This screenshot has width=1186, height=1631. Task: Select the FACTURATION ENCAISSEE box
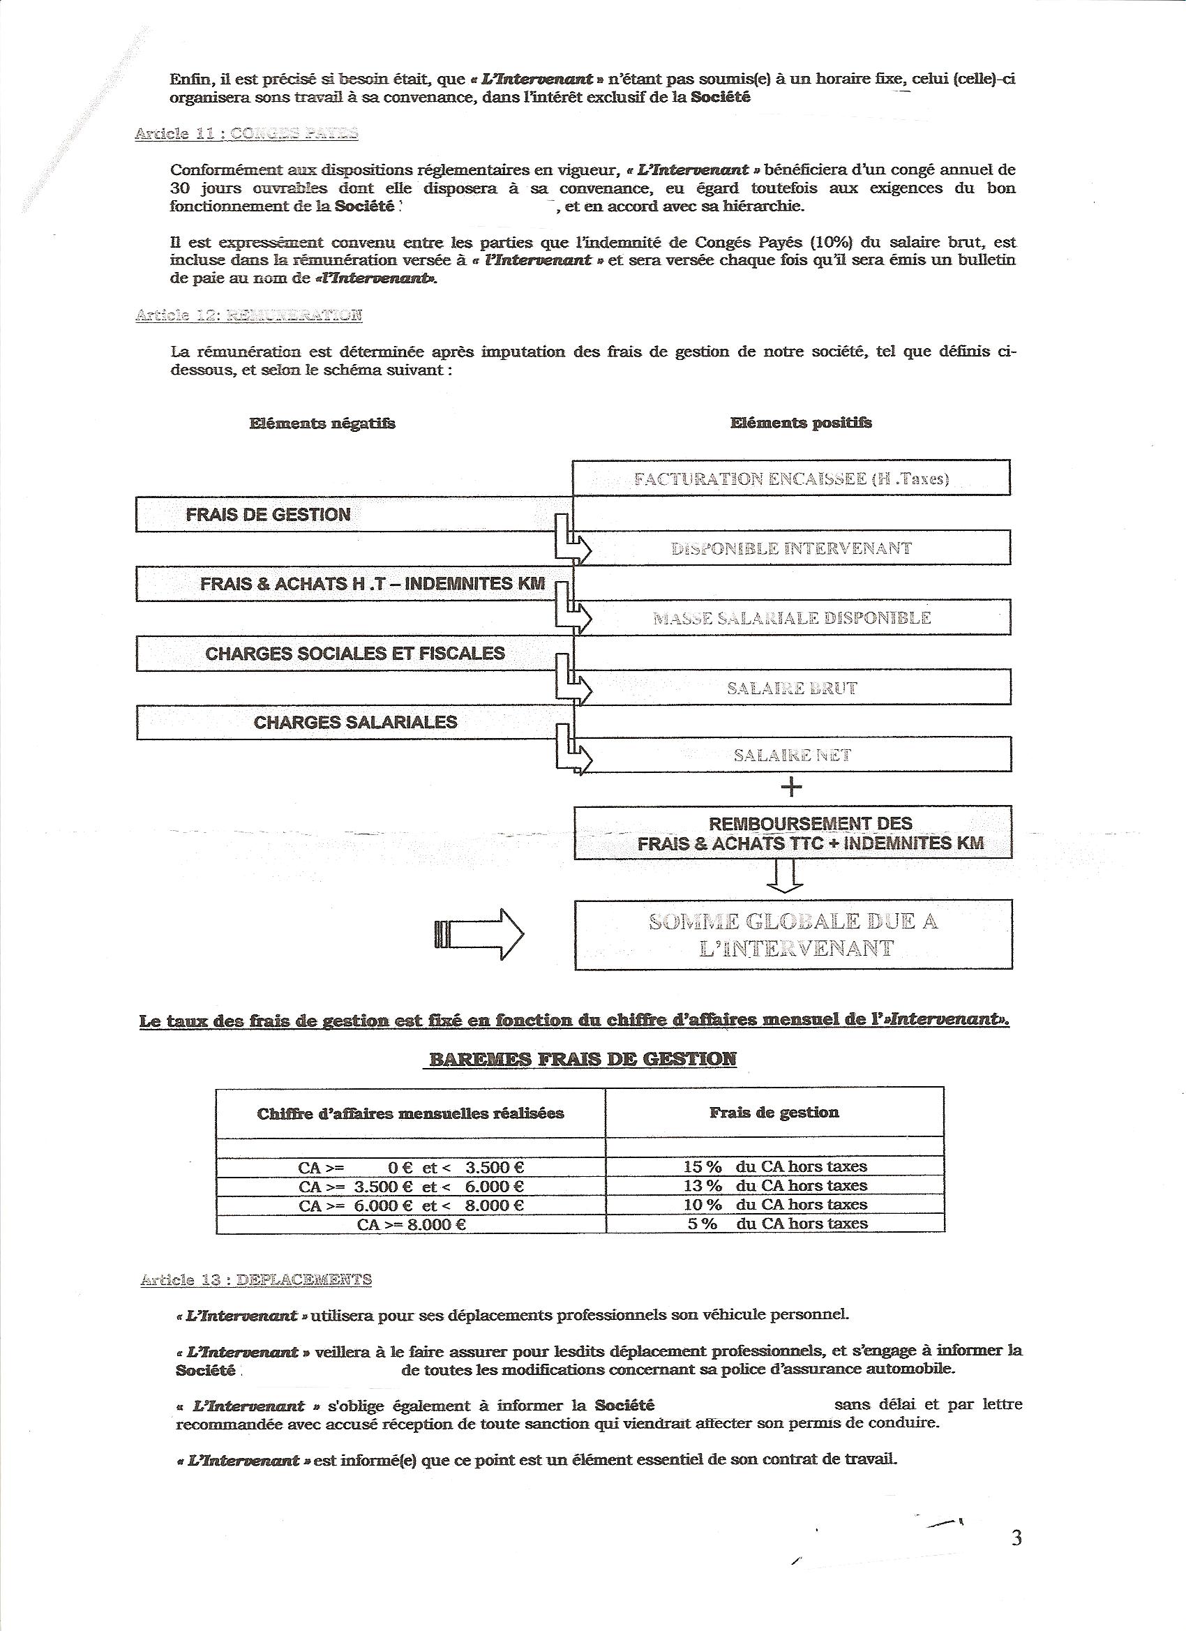click(791, 479)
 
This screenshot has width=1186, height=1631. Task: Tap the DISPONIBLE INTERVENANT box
click(791, 548)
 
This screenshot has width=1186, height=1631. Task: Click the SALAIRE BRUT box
click(791, 688)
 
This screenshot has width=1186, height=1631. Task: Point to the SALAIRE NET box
click(791, 755)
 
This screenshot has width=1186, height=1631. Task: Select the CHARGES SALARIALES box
click(354, 722)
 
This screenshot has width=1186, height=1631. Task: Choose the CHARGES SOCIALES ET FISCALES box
click(354, 653)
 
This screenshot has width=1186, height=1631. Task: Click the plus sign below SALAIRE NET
click(791, 788)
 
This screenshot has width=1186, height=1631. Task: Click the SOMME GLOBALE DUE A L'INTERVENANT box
click(793, 934)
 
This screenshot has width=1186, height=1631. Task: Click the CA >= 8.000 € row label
click(411, 1224)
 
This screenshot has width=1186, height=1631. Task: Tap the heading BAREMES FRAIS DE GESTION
click(583, 1058)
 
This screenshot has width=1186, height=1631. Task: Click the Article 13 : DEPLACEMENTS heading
click(256, 1279)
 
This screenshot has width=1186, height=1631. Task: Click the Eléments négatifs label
click(322, 423)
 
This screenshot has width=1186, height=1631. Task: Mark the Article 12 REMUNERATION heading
click(249, 315)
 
